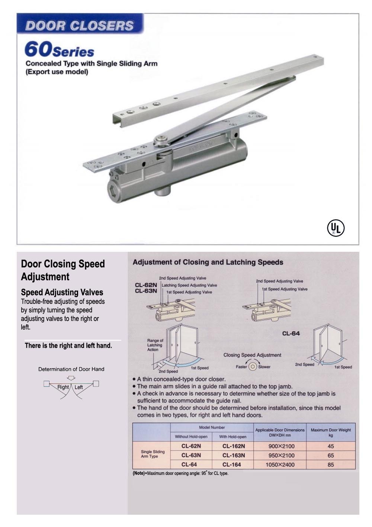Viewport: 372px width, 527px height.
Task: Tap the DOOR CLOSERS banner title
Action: [79, 25]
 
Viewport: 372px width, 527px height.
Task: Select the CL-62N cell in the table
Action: [191, 446]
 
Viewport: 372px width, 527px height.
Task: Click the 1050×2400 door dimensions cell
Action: [280, 465]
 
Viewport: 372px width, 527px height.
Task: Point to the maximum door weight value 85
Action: [331, 465]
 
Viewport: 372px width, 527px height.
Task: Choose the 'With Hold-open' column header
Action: [232, 437]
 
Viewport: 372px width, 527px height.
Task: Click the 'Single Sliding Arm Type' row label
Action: [153, 454]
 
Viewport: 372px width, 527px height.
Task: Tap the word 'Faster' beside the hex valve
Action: [241, 367]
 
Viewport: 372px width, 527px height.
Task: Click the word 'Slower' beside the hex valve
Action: [264, 367]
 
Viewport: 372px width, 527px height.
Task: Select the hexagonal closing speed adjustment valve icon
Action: [253, 366]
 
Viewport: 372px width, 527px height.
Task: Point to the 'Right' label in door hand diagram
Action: [63, 387]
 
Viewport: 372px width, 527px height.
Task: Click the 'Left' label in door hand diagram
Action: [78, 387]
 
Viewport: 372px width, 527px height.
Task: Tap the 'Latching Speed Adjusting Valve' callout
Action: [189, 285]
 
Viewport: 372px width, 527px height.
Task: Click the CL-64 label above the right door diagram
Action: [291, 333]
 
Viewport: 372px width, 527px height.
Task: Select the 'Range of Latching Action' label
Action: [155, 345]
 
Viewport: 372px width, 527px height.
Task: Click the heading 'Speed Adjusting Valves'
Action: [62, 292]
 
